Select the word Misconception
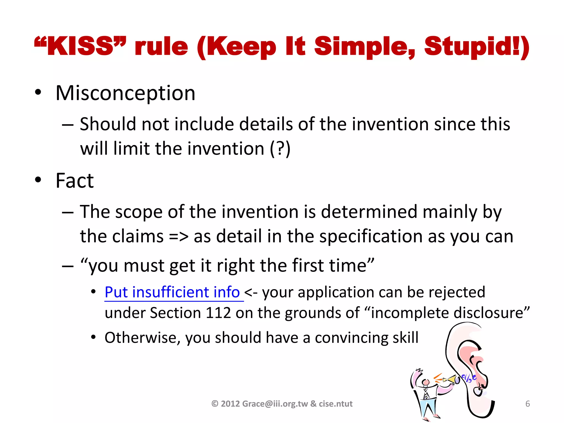(125, 93)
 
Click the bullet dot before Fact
(38, 180)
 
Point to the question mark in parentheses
(280, 149)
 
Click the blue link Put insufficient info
(172, 292)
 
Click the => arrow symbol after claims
(178, 237)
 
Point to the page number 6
(528, 404)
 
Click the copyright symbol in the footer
(215, 404)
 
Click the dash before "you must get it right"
(68, 266)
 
